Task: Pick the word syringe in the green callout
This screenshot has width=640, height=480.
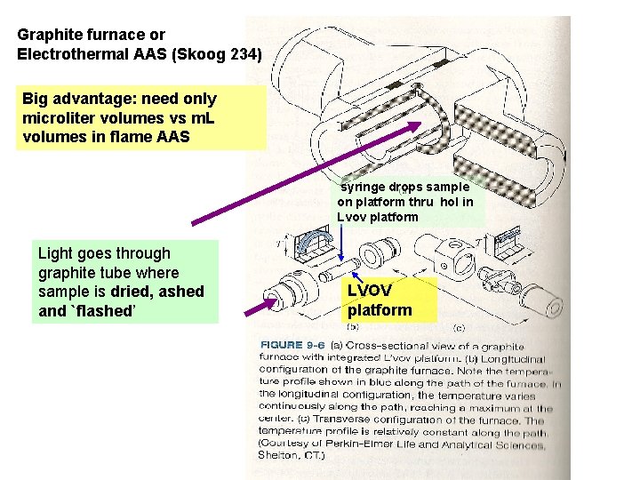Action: pyautogui.click(x=363, y=188)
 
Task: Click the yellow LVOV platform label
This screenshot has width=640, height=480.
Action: pyautogui.click(x=380, y=300)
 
